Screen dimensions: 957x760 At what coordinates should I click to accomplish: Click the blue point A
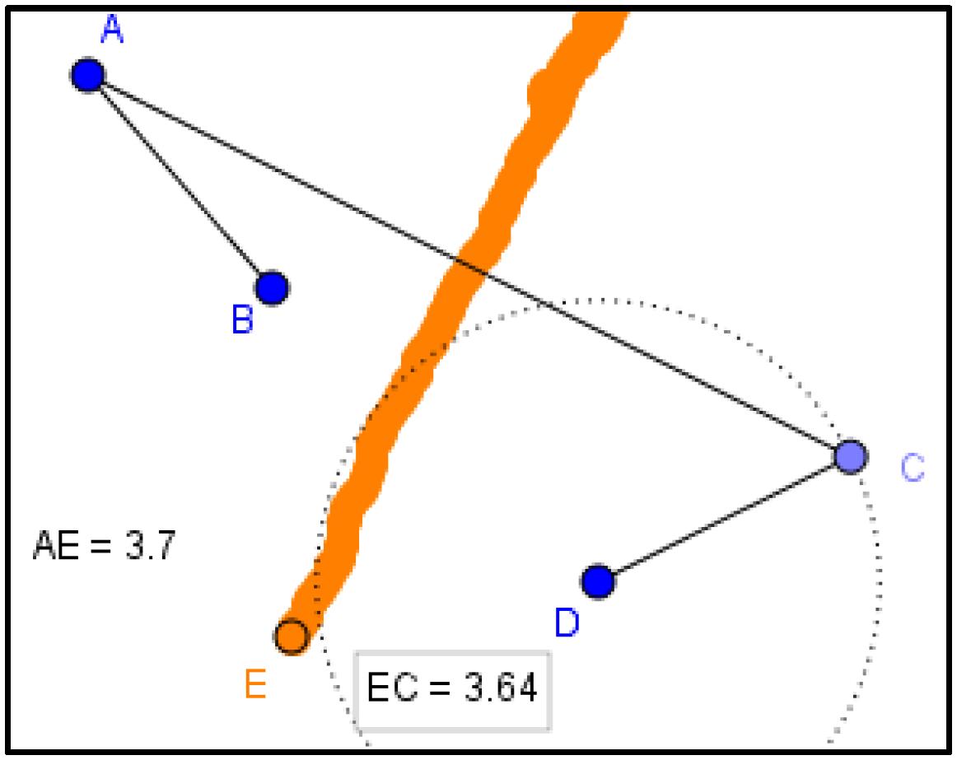(x=87, y=75)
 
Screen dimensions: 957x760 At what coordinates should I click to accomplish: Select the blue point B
(x=271, y=287)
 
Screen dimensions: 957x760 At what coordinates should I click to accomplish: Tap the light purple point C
(x=850, y=455)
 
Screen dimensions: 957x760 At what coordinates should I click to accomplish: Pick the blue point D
(x=598, y=581)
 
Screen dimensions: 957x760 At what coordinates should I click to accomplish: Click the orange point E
(x=291, y=636)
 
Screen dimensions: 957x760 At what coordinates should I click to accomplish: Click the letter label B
(x=241, y=320)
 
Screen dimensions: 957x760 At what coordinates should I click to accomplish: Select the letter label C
(x=913, y=469)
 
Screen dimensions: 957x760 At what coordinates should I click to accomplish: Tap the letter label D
(x=567, y=623)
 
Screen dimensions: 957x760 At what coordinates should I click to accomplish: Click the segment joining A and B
(x=180, y=181)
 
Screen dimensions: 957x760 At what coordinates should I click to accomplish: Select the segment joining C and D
(x=724, y=519)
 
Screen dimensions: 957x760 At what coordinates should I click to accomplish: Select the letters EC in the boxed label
(x=390, y=689)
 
